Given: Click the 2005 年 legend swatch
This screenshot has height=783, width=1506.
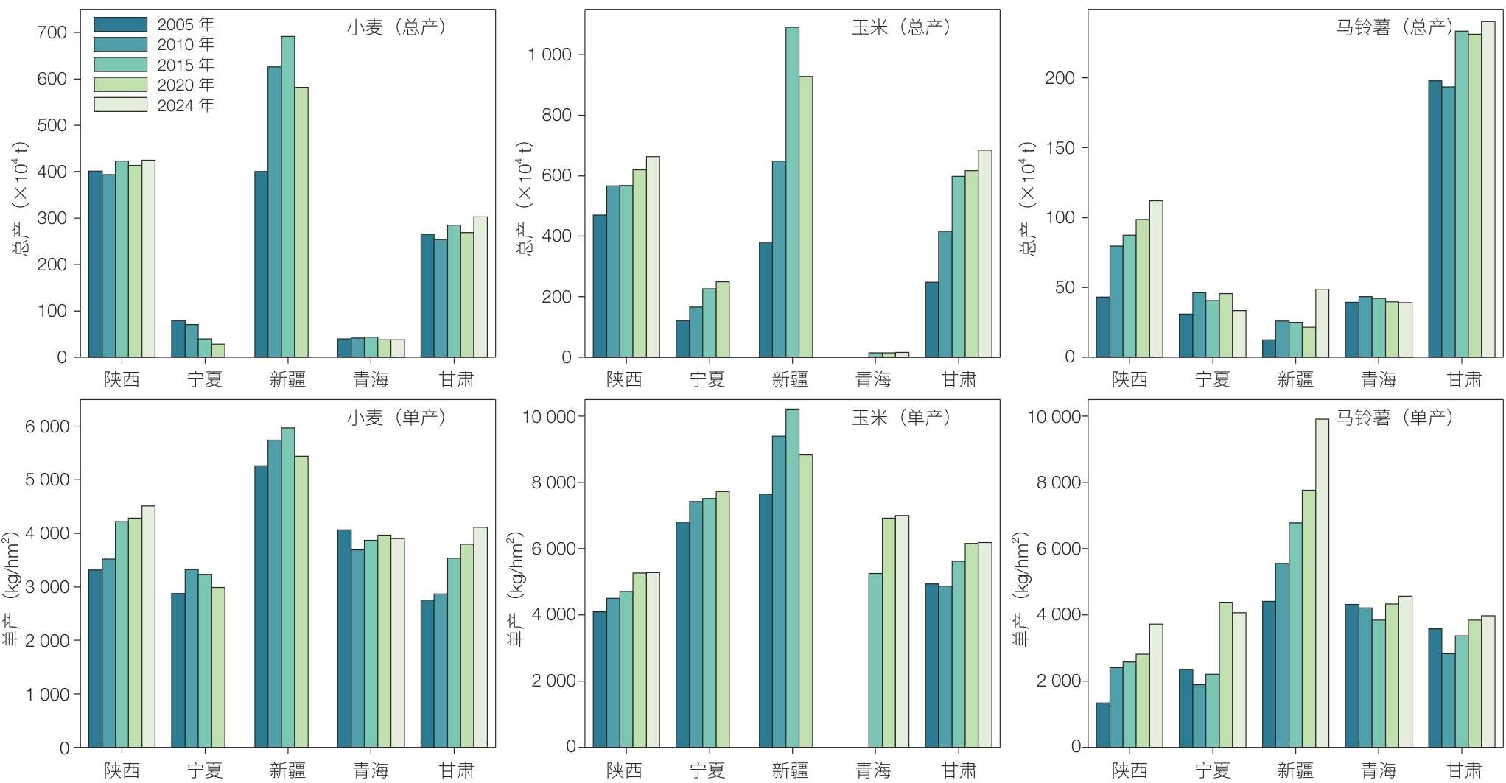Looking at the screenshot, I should click(x=120, y=24).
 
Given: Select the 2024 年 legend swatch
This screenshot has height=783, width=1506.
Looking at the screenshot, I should click(x=120, y=105).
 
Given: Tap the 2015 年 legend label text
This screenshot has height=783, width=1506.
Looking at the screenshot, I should click(x=186, y=65).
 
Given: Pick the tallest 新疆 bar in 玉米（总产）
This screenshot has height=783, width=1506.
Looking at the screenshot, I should click(x=792, y=192).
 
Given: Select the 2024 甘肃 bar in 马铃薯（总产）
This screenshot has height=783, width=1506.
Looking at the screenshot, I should click(x=1488, y=189).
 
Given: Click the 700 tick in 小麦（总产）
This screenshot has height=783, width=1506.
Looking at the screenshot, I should click(x=52, y=32).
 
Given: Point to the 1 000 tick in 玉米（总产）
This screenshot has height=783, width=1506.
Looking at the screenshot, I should click(x=549, y=55).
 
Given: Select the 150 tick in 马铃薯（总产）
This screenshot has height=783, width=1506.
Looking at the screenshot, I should click(x=1060, y=148).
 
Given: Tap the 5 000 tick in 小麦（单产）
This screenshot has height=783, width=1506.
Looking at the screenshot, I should click(x=47, y=480).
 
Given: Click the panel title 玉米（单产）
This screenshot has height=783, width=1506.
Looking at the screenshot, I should click(x=901, y=418).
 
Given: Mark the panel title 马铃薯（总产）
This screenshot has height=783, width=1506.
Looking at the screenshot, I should click(x=1394, y=27).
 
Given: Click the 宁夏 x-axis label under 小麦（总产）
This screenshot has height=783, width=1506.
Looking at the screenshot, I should click(x=205, y=379).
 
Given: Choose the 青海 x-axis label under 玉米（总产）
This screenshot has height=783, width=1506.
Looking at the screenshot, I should click(x=873, y=379).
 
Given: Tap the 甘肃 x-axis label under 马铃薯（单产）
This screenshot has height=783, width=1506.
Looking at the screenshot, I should click(x=1464, y=770).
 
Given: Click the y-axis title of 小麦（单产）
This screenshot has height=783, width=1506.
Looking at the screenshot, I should click(x=13, y=589).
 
